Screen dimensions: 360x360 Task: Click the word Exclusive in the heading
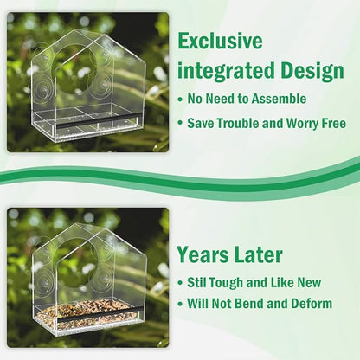coord(221,42)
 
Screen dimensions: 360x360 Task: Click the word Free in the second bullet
coord(328,123)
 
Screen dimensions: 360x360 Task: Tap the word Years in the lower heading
coord(202,254)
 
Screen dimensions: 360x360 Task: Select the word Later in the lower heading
coord(259,254)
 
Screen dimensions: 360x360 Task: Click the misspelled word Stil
coord(198,282)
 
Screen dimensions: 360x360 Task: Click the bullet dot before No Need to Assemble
coord(179,100)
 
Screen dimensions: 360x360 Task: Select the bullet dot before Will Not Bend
coord(179,304)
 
